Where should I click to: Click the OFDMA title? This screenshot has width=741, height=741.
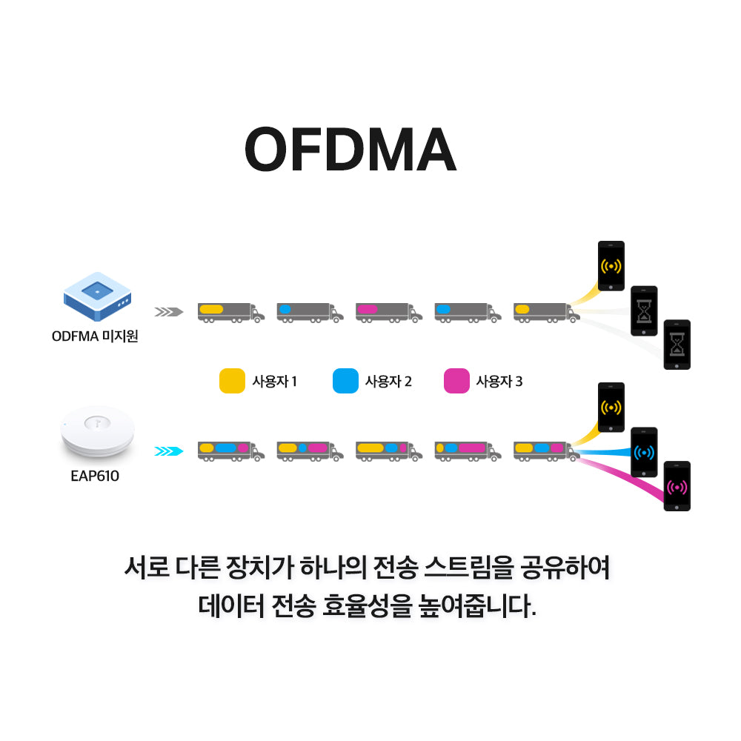click(350, 150)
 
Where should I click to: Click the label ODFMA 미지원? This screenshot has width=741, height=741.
click(95, 336)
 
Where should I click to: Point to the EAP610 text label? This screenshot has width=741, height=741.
click(95, 476)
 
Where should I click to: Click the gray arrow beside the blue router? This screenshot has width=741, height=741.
click(168, 312)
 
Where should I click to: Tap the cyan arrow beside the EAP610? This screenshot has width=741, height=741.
click(168, 451)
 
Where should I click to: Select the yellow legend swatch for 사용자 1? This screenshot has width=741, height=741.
click(232, 381)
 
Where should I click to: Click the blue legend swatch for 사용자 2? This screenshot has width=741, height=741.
click(345, 381)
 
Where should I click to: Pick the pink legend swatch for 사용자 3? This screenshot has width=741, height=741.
click(456, 381)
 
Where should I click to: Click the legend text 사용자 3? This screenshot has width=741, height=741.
click(499, 382)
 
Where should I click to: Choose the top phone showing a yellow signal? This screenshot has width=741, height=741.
click(611, 266)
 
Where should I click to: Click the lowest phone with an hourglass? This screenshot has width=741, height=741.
click(677, 345)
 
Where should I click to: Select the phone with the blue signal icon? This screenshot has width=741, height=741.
click(644, 452)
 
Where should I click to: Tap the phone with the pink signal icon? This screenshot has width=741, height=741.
click(677, 486)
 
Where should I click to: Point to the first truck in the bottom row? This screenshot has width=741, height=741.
click(230, 451)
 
